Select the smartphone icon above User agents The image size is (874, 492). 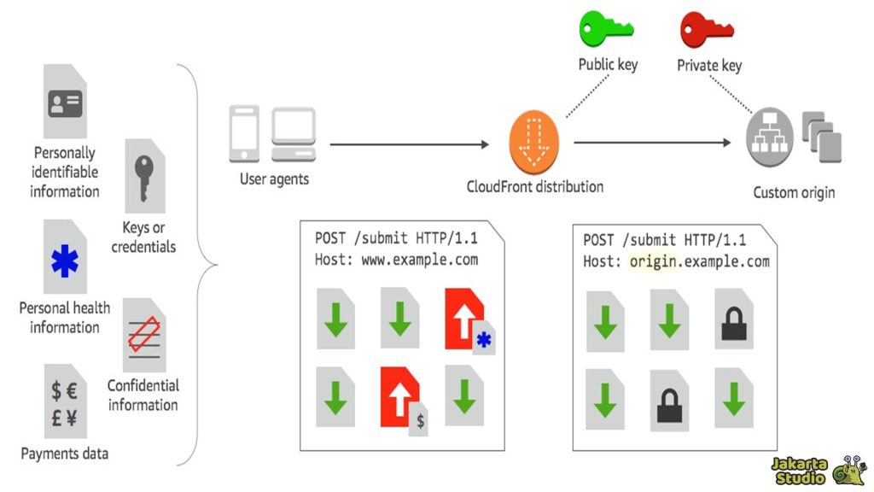point(245,134)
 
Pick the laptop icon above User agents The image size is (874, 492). point(294,135)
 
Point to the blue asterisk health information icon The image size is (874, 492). point(65,260)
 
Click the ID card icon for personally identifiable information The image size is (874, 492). point(65,102)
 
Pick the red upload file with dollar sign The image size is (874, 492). point(401,397)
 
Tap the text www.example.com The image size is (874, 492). point(420,259)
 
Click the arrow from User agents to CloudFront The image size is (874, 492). point(410,145)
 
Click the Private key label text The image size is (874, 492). point(709,66)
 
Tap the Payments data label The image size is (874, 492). point(65,454)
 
